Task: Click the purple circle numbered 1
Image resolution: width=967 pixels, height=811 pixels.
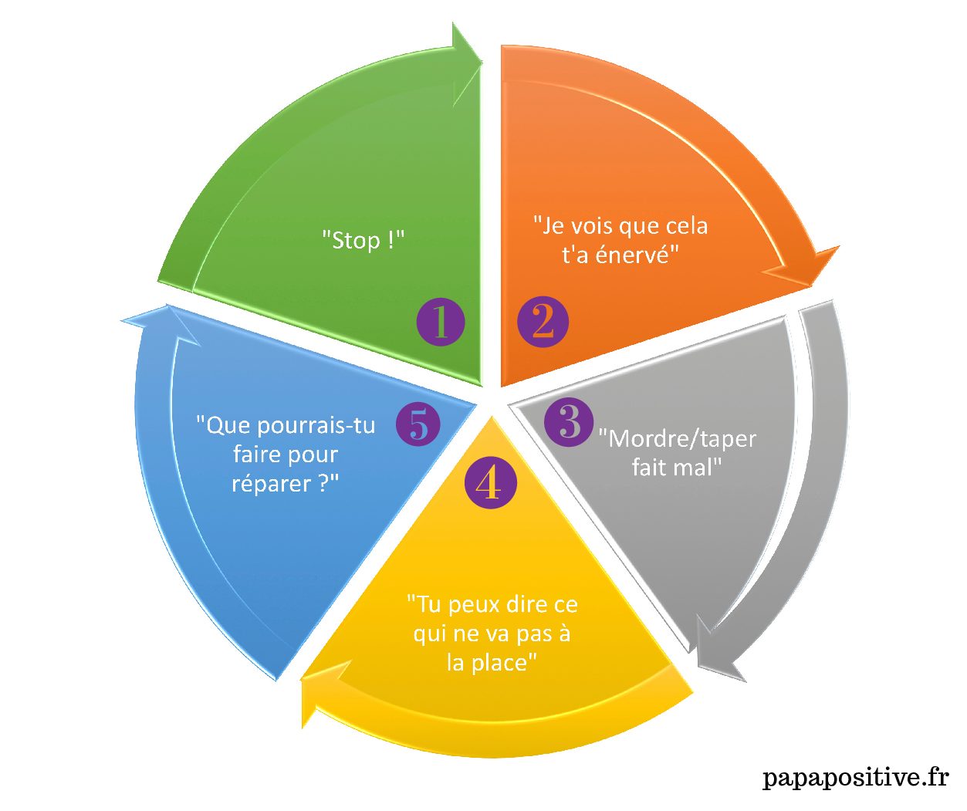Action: point(441,322)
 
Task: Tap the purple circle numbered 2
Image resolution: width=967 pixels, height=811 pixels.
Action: point(543,322)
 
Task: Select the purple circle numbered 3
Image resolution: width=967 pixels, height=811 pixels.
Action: point(570,421)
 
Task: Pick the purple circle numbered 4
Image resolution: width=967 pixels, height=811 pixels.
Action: point(489,484)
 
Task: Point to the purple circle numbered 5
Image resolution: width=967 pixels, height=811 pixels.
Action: point(418,424)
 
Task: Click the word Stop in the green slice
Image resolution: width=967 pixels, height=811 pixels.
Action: point(356,240)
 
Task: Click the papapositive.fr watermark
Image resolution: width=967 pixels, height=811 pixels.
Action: point(855,777)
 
